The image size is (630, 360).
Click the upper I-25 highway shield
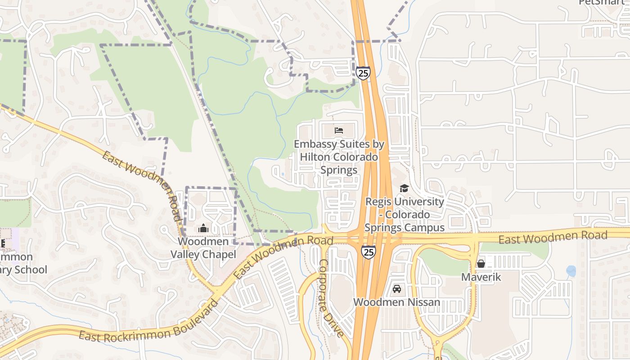(363, 73)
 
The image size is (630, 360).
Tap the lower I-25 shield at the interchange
(368, 252)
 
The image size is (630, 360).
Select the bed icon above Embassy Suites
(339, 130)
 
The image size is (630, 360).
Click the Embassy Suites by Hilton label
(339, 157)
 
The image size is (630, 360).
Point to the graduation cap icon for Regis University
(404, 188)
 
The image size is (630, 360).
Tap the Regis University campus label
(404, 215)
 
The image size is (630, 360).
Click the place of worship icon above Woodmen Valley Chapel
(203, 229)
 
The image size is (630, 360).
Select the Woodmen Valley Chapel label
(203, 248)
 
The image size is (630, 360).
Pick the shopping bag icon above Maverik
(481, 263)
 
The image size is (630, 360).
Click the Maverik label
(481, 277)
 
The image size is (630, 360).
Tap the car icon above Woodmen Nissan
(396, 288)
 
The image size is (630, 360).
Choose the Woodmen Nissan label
(396, 302)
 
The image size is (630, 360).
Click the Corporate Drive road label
(331, 297)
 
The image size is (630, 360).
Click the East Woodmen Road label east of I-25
(553, 237)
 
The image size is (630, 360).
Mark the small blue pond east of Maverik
(571, 271)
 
